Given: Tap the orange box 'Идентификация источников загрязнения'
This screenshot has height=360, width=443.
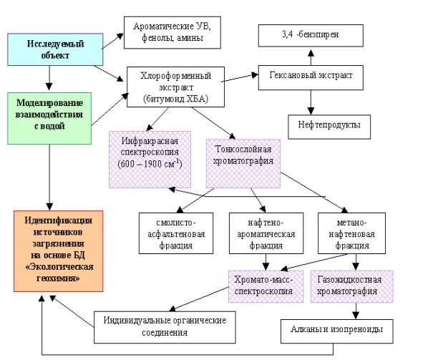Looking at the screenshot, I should pyautogui.click(x=59, y=250).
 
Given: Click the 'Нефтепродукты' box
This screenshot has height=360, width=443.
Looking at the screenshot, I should pyautogui.click(x=323, y=127).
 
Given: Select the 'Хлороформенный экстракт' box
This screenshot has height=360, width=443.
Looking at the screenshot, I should pyautogui.click(x=175, y=87).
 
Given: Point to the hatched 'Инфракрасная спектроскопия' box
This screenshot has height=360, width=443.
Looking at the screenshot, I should pyautogui.click(x=150, y=158).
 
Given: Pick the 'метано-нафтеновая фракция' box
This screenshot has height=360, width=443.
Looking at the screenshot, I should pyautogui.click(x=351, y=233).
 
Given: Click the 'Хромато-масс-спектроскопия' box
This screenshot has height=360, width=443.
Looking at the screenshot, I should pyautogui.click(x=265, y=283).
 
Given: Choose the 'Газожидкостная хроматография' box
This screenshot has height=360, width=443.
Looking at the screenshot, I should pyautogui.click(x=352, y=283).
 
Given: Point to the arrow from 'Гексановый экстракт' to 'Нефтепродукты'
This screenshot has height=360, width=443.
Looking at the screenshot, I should pyautogui.click(x=309, y=102).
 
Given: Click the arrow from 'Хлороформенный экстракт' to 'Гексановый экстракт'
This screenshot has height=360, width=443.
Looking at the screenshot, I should pyautogui.click(x=241, y=74).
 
